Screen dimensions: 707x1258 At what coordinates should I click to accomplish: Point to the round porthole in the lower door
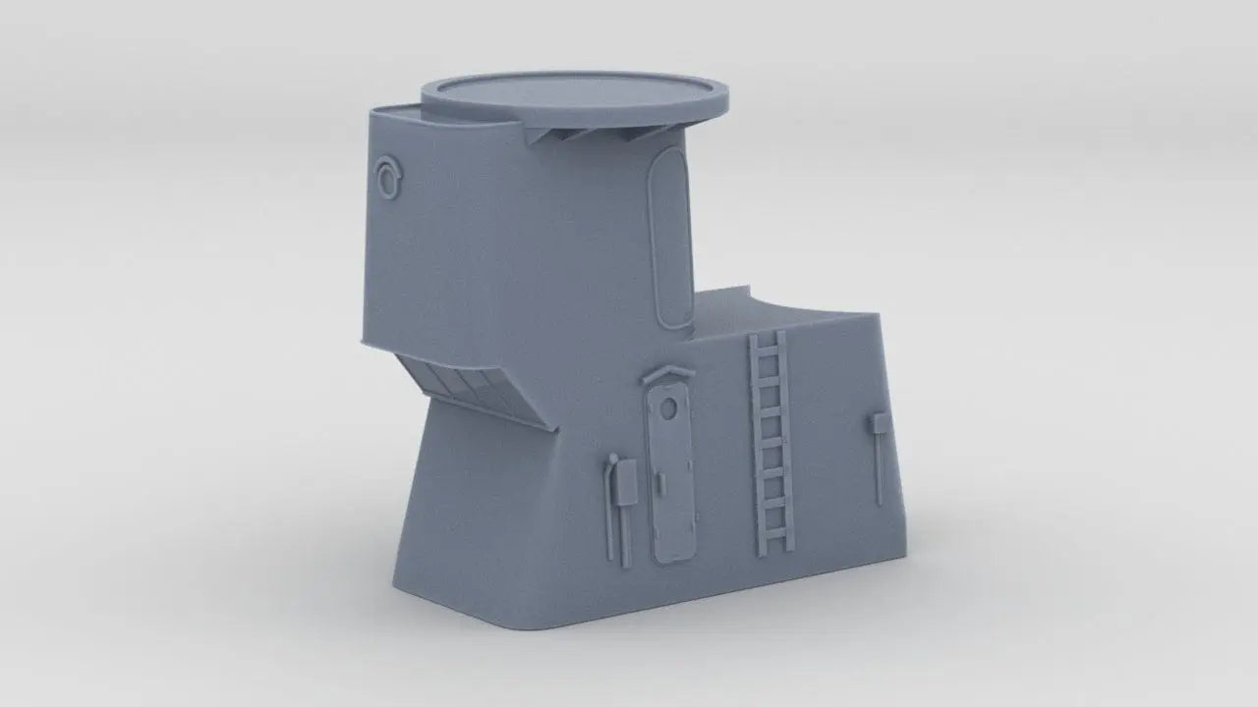pyautogui.click(x=667, y=408)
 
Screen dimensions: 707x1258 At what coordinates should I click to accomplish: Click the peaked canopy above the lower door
pyautogui.click(x=667, y=376)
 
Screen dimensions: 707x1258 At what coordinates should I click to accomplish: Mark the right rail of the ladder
pyautogui.click(x=785, y=437)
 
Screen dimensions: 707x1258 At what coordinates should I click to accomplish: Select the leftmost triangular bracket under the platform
pyautogui.click(x=538, y=140)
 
